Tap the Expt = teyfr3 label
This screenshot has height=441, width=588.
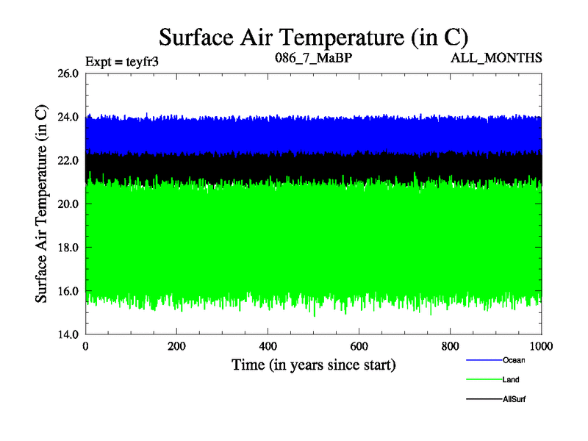(122, 61)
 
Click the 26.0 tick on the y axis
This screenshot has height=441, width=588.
(68, 73)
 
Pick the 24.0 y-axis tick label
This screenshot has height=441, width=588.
(68, 117)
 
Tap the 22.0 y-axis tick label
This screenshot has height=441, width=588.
(68, 160)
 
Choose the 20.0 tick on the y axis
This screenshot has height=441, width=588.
(68, 204)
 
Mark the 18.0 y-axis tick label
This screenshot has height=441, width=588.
(68, 248)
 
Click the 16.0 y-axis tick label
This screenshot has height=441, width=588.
(68, 291)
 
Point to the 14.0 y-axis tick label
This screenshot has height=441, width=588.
(68, 334)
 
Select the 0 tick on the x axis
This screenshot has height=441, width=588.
(86, 346)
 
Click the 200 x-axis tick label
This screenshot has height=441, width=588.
(177, 346)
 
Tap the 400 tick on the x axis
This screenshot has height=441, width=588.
(268, 346)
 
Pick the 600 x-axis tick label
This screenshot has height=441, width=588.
(359, 346)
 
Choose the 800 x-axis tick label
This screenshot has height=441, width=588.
(451, 346)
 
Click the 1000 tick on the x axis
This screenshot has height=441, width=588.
(542, 346)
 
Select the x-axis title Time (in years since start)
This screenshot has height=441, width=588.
(314, 364)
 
